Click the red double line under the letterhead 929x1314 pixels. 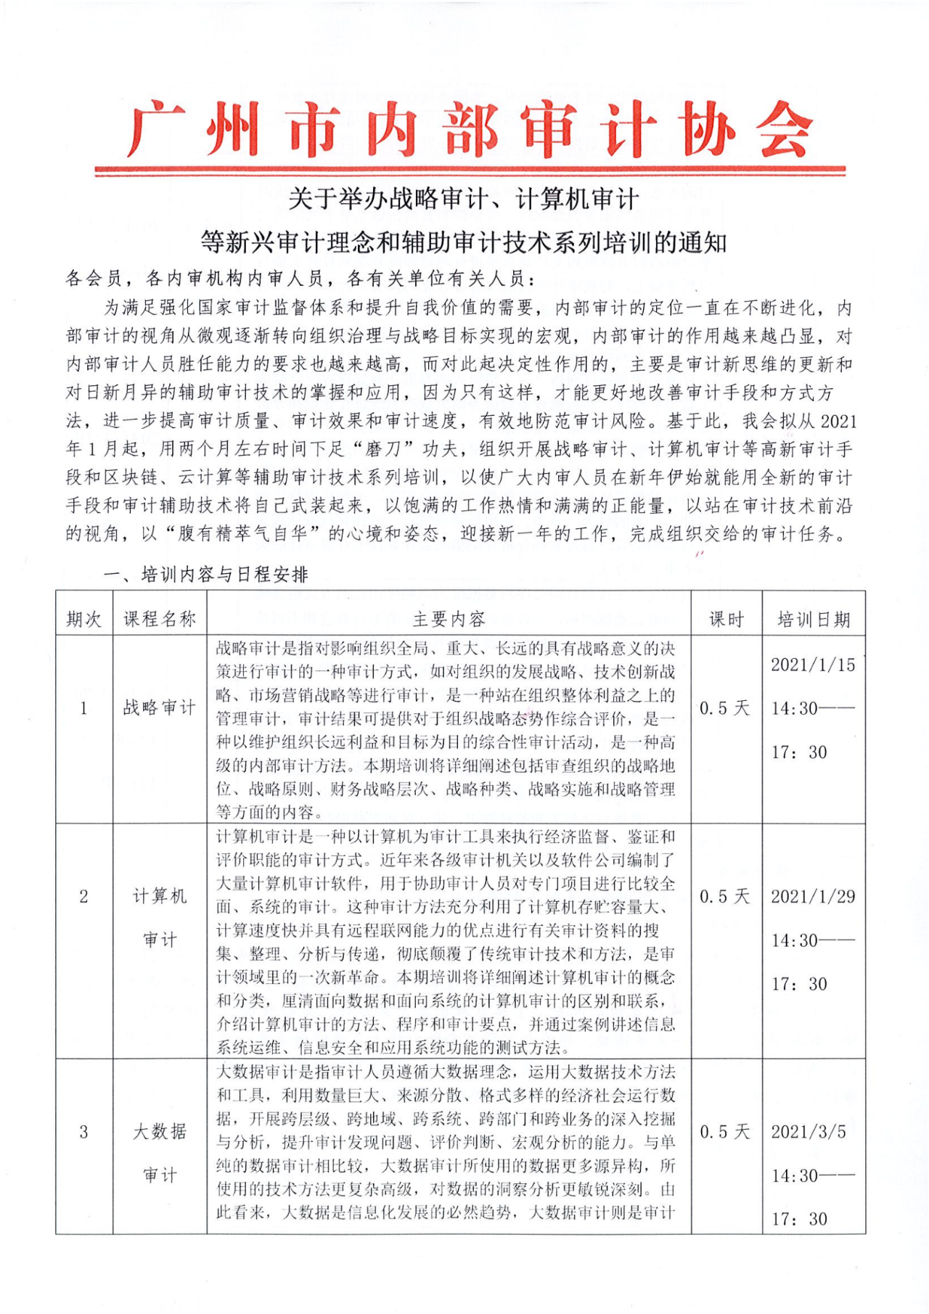[x=470, y=171]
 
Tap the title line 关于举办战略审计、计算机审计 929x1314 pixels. [x=464, y=199]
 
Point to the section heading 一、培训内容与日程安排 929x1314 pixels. [x=207, y=575]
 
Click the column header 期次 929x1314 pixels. [x=84, y=619]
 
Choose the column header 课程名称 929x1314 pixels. [x=160, y=619]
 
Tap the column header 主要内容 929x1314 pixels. [x=449, y=619]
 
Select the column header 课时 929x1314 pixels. [x=726, y=619]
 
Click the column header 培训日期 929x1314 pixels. [x=814, y=619]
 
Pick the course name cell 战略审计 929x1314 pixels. [x=160, y=707]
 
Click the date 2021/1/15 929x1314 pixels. [x=813, y=665]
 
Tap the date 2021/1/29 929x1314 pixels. [x=813, y=897]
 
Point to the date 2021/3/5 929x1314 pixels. [x=809, y=1132]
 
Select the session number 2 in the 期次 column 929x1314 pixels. [x=84, y=897]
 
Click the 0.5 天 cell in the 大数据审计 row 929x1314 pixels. [x=725, y=1132]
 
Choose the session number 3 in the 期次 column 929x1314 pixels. [x=84, y=1132]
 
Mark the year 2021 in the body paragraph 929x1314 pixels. [x=838, y=422]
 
